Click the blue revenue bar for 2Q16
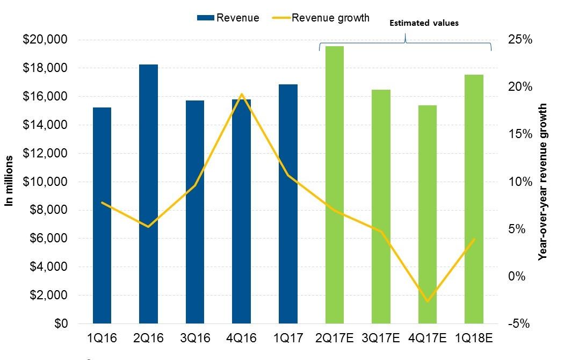point(148,193)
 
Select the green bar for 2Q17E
point(334,185)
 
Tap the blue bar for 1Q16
point(102,215)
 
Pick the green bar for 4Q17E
point(428,214)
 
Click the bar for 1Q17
point(288,204)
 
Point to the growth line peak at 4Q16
point(242,95)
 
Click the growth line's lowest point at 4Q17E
point(428,301)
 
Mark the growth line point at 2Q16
point(148,227)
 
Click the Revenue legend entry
point(228,18)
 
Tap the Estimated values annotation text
point(424,23)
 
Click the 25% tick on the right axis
point(519,40)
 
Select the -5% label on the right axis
point(519,323)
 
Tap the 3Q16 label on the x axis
point(195,339)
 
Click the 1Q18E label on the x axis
point(474,339)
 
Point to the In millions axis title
point(9,182)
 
